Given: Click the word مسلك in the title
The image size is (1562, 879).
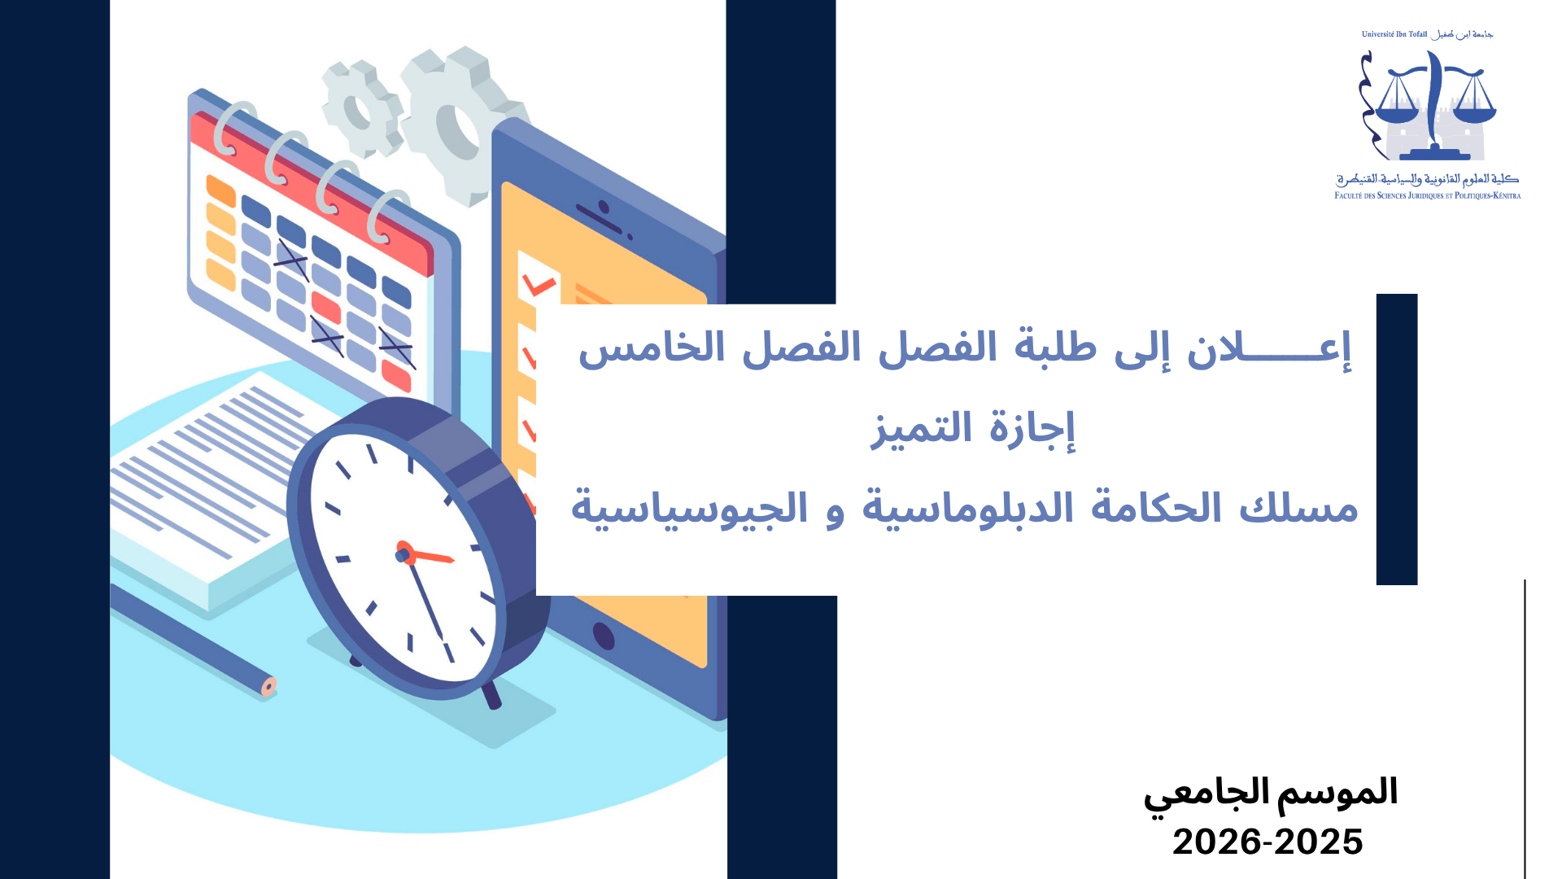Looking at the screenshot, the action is pos(1298,508).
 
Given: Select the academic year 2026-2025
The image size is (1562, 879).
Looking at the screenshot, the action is pos(1267,842).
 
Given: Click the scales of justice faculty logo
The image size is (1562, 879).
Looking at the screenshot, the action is pos(1428,106).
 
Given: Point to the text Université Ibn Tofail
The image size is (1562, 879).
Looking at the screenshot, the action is pos(1394,34).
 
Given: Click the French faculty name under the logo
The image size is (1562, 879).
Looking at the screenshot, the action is pos(1428,195).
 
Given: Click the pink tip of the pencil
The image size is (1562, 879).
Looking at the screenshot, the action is pos(269,686).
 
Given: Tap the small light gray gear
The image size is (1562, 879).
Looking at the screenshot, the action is pos(363,108).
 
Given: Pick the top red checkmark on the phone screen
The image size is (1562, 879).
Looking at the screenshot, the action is pos(539,285).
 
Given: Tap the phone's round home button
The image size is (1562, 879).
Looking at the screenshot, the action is pos(604,636).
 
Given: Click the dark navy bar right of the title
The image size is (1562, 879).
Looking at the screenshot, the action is pos(1397,439).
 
